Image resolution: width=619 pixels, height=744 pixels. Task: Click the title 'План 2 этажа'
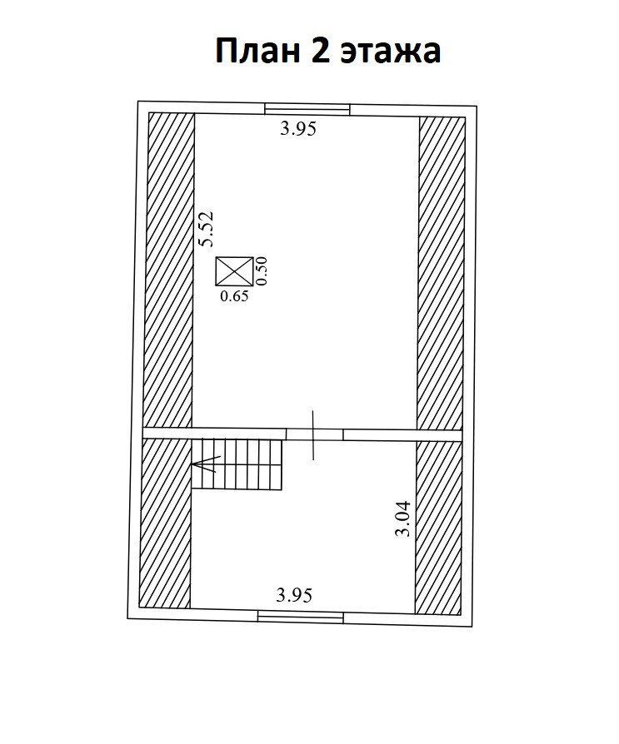point(327,51)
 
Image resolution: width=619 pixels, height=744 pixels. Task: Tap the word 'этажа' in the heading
point(391,52)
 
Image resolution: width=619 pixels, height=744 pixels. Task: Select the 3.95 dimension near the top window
point(298,129)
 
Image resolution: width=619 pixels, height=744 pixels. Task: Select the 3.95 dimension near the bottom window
point(295,595)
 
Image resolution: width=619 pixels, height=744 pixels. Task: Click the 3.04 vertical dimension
point(403,519)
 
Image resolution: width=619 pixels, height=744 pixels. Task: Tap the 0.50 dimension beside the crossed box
point(261,271)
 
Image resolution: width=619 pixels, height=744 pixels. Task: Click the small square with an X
point(234,271)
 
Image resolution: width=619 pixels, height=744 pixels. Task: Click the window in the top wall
point(307,108)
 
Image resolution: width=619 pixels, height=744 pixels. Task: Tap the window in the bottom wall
point(300,617)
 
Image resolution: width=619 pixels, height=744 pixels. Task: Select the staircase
point(240,464)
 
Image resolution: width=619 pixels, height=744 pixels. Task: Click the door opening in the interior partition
point(314,434)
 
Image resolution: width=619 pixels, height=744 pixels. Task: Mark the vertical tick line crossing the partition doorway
point(314,434)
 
